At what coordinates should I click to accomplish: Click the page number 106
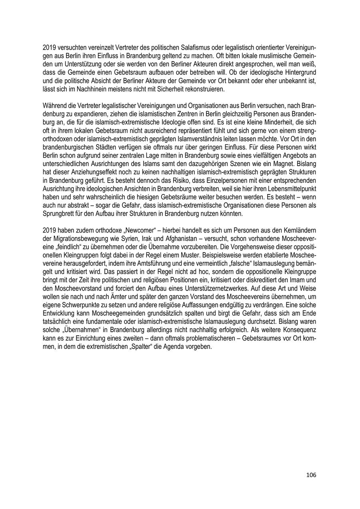(311, 475)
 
